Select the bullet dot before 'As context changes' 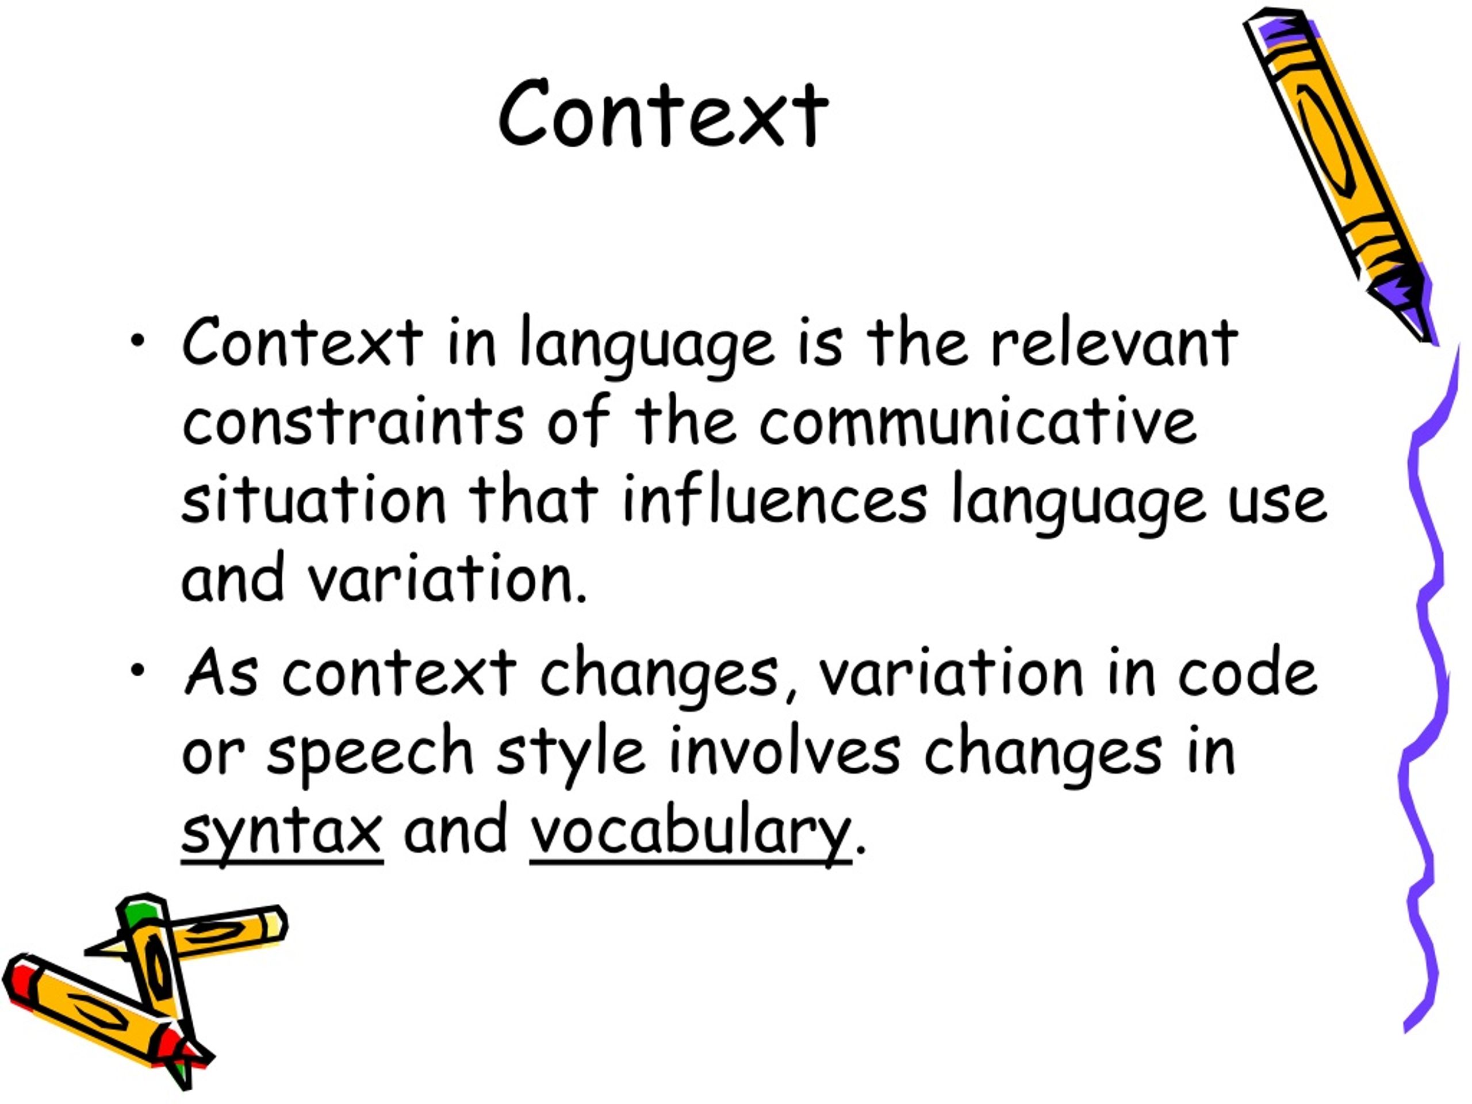(x=138, y=670)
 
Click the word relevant (x=1114, y=343)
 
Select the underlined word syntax (x=282, y=832)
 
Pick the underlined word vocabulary (x=691, y=832)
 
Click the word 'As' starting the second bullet (x=220, y=672)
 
